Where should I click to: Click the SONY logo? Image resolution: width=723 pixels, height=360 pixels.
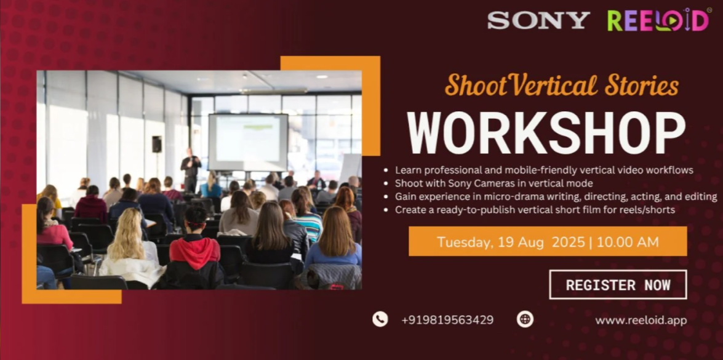(538, 20)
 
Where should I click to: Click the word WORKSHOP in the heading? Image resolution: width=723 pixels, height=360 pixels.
(546, 133)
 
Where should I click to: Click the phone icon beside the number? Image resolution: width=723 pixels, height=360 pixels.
(380, 319)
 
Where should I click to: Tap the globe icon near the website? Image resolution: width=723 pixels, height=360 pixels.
(525, 319)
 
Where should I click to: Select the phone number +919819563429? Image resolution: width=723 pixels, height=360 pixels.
(447, 320)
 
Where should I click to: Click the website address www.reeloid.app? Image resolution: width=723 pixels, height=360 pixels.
(641, 321)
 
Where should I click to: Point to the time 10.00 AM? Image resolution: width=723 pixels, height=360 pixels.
(628, 242)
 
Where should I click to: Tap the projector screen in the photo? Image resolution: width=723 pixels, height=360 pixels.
(248, 142)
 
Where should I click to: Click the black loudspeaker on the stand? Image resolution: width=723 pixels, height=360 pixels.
(157, 144)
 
